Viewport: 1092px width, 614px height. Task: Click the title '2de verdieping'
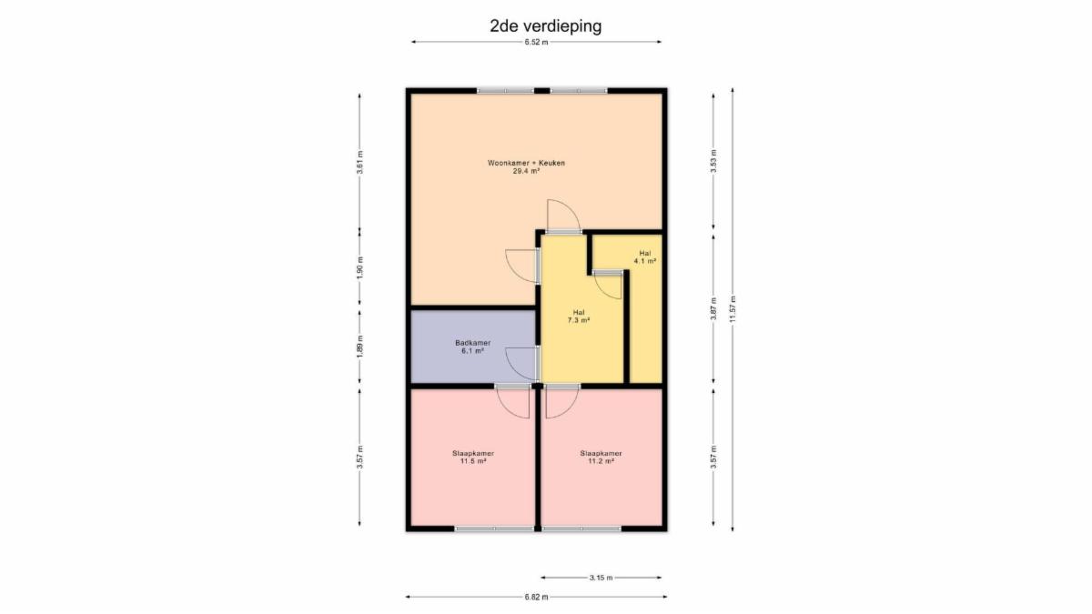pyautogui.click(x=545, y=26)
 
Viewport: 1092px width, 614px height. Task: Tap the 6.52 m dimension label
pyautogui.click(x=536, y=43)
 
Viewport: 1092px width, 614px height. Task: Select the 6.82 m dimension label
pyautogui.click(x=536, y=597)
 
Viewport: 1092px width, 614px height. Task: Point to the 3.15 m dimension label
pyautogui.click(x=601, y=578)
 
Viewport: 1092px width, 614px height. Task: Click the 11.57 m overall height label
pyautogui.click(x=733, y=309)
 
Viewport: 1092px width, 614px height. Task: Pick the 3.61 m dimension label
pyautogui.click(x=359, y=162)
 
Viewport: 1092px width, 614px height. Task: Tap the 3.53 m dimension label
pyautogui.click(x=713, y=161)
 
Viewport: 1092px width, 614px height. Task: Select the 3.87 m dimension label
pyautogui.click(x=713, y=308)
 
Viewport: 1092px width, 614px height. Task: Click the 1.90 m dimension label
pyautogui.click(x=359, y=268)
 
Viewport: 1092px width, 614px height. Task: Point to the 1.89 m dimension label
pyautogui.click(x=359, y=347)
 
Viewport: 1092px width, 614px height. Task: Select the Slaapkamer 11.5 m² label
pyautogui.click(x=473, y=457)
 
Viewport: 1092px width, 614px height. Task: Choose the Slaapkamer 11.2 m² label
pyautogui.click(x=601, y=457)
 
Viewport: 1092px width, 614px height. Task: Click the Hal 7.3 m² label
pyautogui.click(x=579, y=317)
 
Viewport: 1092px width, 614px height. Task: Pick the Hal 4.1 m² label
pyautogui.click(x=644, y=257)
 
